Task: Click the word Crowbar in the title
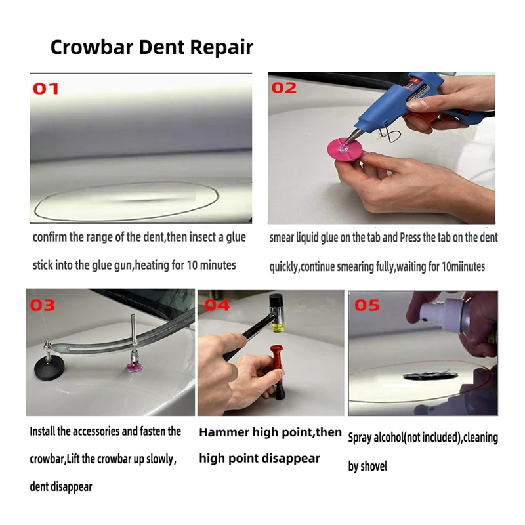92,47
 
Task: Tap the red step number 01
46,89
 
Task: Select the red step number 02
284,88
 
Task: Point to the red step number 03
42,305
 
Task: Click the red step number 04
217,305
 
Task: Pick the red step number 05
367,305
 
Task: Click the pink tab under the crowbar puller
135,368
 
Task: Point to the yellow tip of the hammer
278,327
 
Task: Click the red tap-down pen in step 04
277,371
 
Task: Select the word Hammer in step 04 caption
224,432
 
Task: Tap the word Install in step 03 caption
42,431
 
